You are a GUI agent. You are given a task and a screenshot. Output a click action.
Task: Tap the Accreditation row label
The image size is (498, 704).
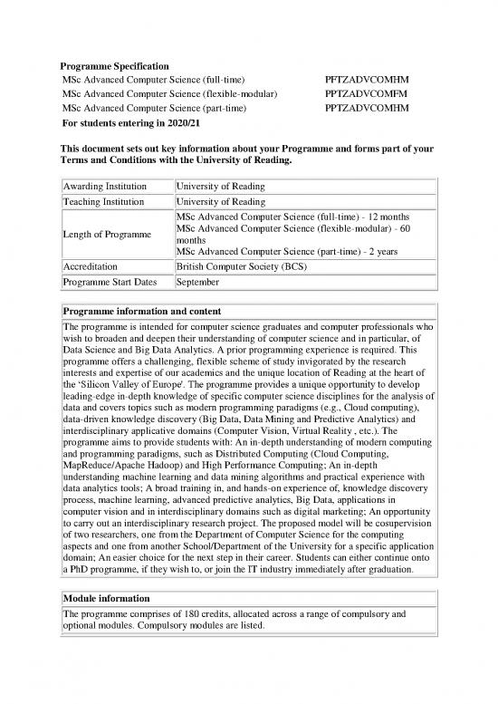tap(91, 267)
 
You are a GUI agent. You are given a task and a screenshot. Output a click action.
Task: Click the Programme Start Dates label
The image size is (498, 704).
tap(110, 283)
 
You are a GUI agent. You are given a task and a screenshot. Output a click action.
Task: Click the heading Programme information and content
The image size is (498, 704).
tap(148, 311)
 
